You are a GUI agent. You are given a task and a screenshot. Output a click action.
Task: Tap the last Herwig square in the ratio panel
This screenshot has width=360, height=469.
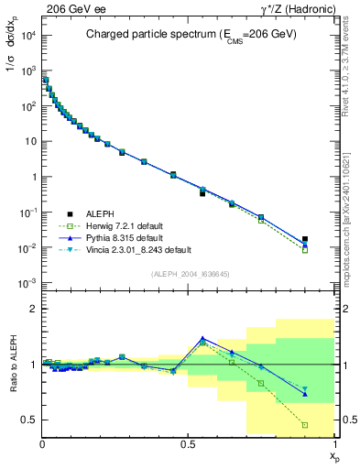click(305, 425)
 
